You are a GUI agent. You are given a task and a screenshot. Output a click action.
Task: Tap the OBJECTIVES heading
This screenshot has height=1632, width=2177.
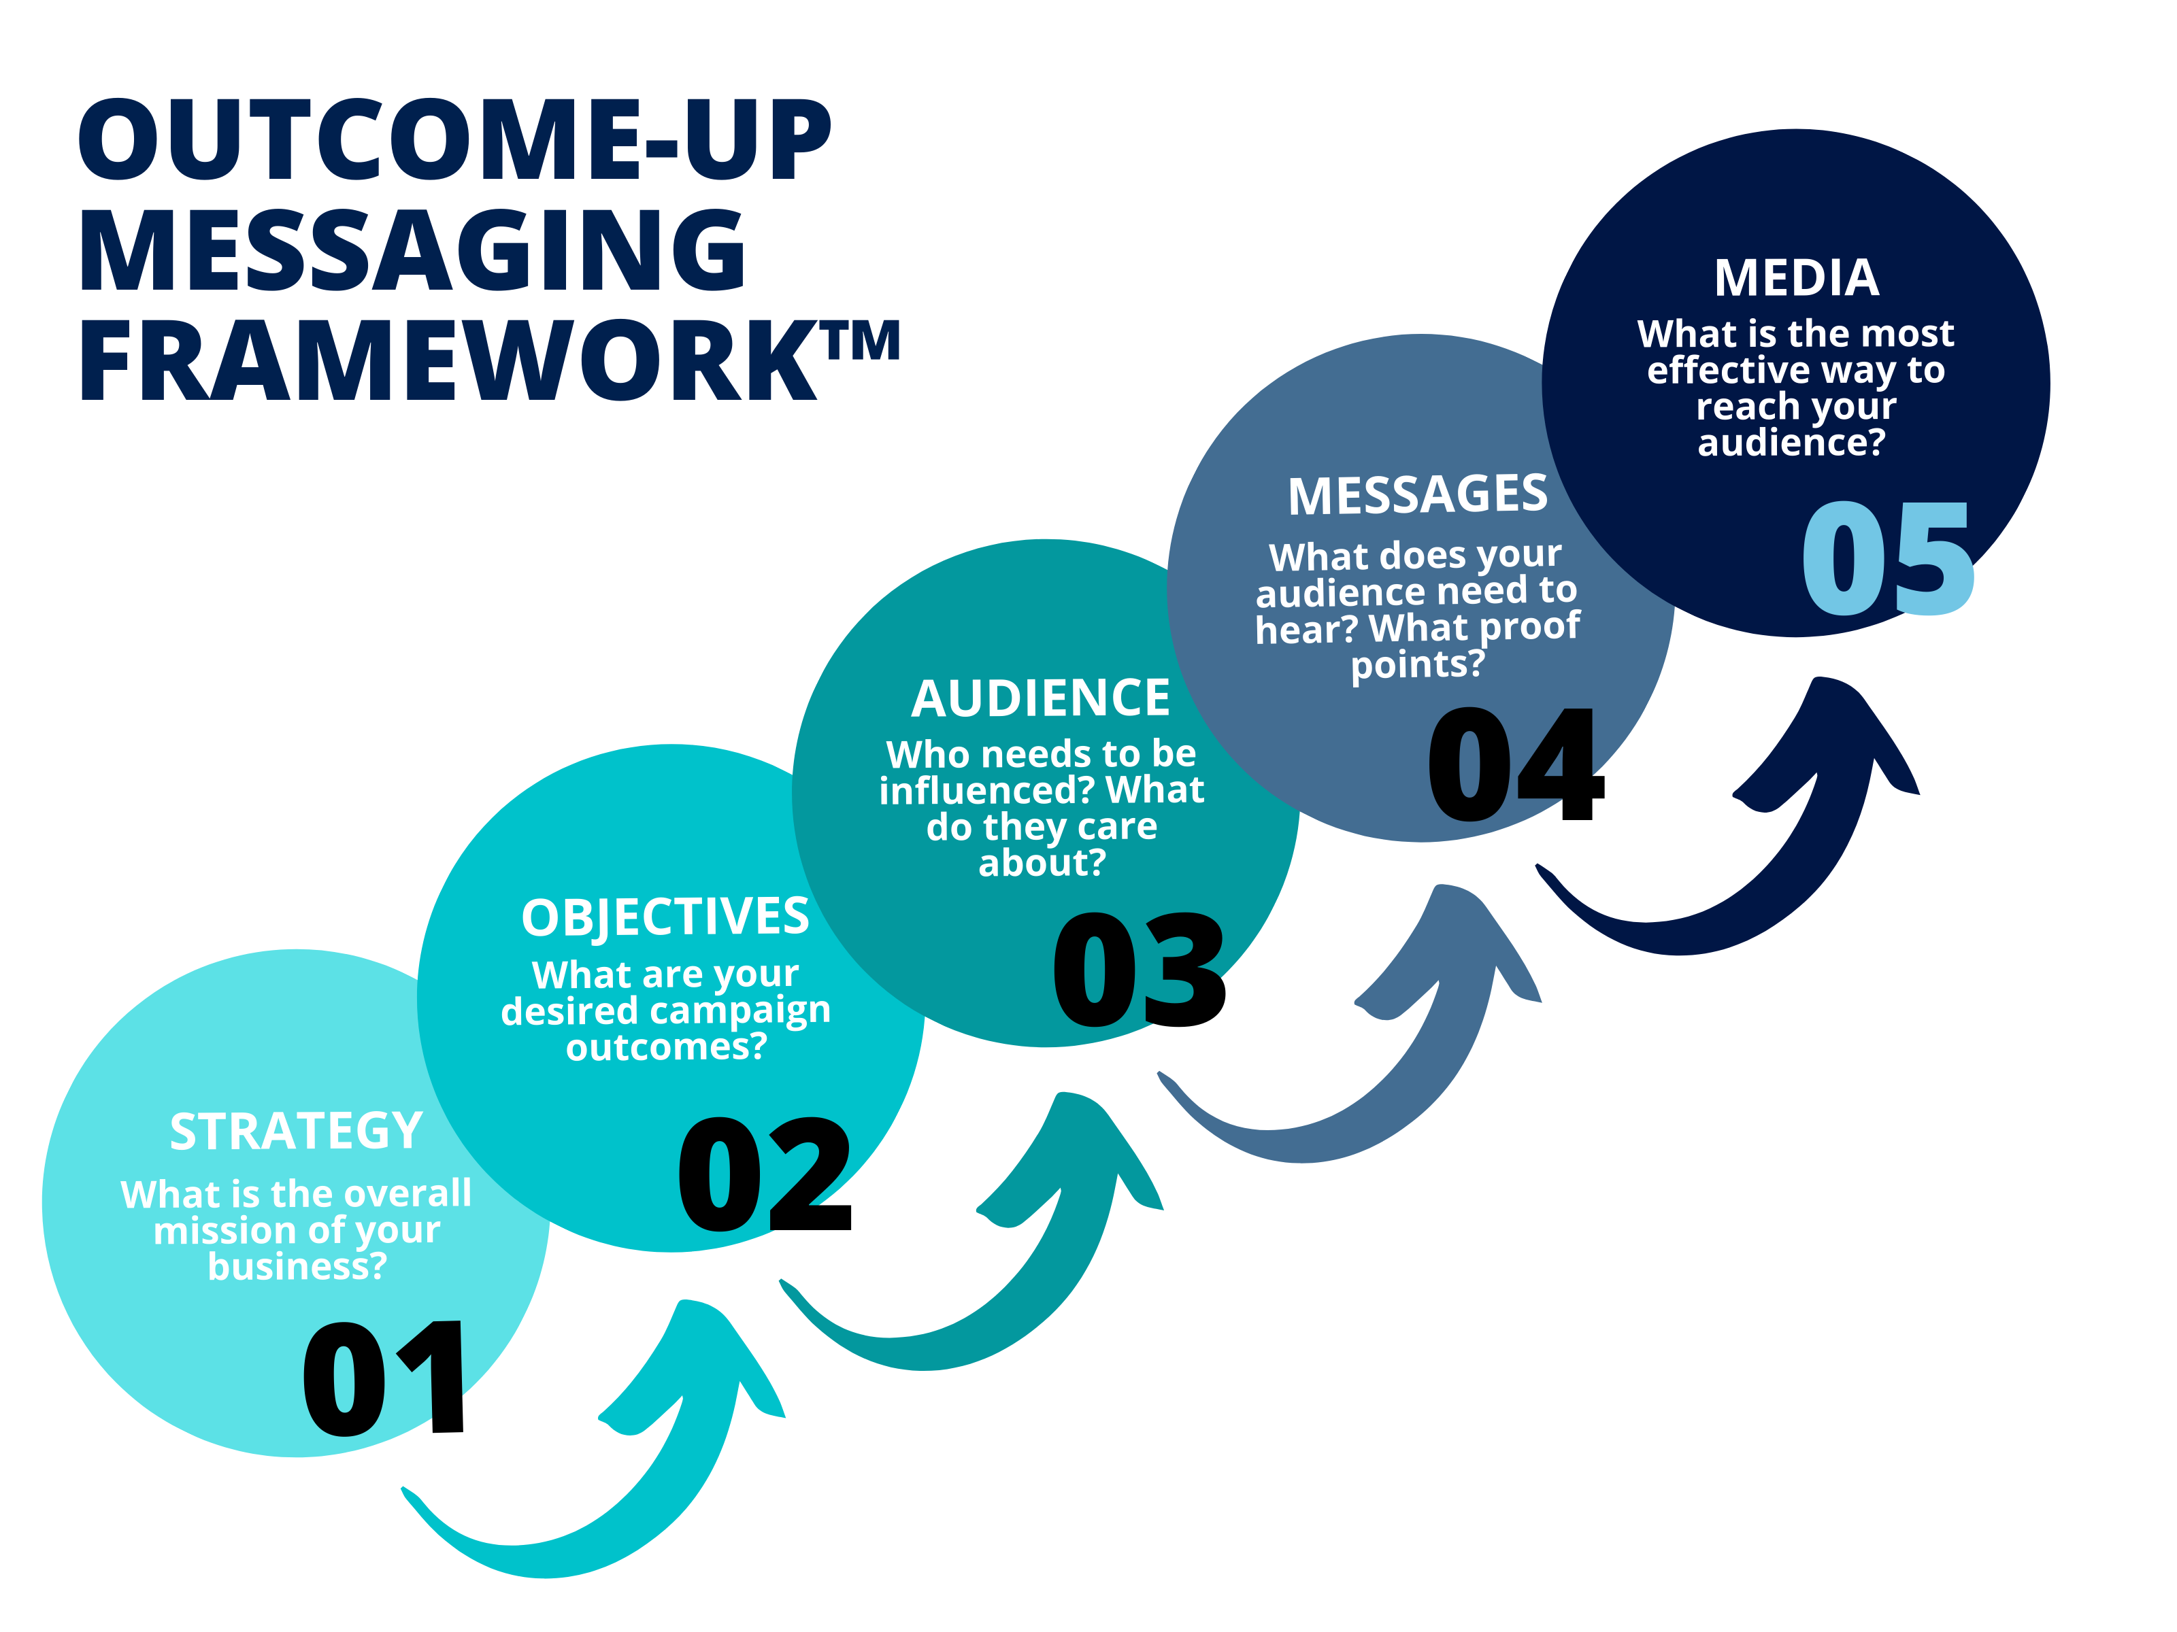click(x=665, y=917)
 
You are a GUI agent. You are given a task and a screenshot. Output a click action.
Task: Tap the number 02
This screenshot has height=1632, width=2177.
click(x=765, y=1174)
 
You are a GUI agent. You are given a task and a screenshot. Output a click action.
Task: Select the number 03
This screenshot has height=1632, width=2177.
click(x=1140, y=970)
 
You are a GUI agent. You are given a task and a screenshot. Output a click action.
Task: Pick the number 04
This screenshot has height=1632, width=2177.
click(x=1516, y=764)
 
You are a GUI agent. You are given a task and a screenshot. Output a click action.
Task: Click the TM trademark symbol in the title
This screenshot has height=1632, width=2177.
click(x=862, y=341)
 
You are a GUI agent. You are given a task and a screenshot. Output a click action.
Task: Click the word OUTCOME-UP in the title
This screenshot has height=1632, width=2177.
click(x=454, y=141)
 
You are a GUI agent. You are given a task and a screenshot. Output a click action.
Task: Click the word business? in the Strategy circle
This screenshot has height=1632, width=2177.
click(x=297, y=1267)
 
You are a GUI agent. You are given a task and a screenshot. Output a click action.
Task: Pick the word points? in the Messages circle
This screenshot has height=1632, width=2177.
click(x=1417, y=664)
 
